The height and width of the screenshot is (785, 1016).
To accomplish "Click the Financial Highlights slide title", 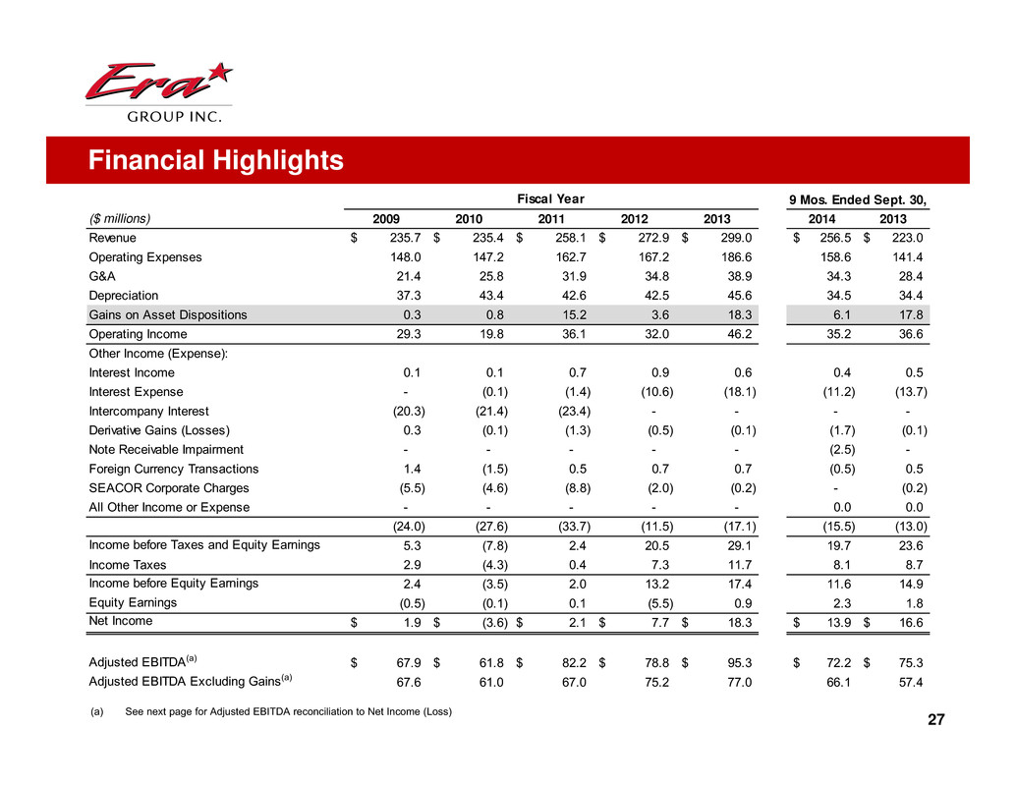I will [x=215, y=160].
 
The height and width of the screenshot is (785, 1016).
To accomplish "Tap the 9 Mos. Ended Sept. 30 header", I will [x=861, y=199].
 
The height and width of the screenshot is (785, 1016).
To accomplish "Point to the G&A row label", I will [x=101, y=276].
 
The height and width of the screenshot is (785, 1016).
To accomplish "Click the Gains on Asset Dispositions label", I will [x=168, y=314].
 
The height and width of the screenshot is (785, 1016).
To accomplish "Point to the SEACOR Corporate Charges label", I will [x=169, y=487].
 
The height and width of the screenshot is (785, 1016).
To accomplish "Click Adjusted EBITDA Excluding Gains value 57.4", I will [x=916, y=680].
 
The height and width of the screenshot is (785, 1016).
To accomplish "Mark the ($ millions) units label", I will [x=124, y=219].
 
